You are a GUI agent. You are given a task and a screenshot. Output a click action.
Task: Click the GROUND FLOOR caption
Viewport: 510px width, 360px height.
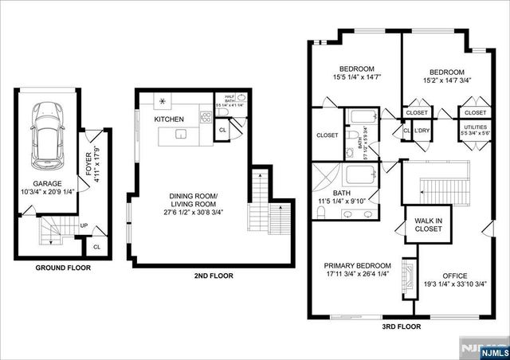click(62, 268)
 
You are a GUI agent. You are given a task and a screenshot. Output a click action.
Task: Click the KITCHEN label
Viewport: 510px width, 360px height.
click(170, 119)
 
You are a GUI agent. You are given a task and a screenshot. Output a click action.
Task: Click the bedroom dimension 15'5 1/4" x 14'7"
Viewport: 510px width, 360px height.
click(356, 76)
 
